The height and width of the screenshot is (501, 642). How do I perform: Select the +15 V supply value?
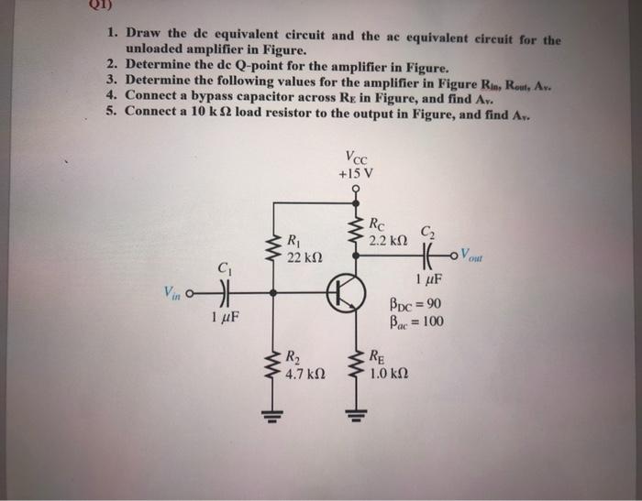point(354,172)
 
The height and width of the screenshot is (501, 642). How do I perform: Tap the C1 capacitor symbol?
point(223,295)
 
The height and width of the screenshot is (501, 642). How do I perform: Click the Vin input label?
point(172,293)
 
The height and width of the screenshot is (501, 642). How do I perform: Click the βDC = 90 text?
point(416,304)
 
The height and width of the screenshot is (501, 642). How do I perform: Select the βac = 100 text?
point(416,321)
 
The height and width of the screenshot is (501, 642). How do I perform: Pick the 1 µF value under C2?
point(427,279)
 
